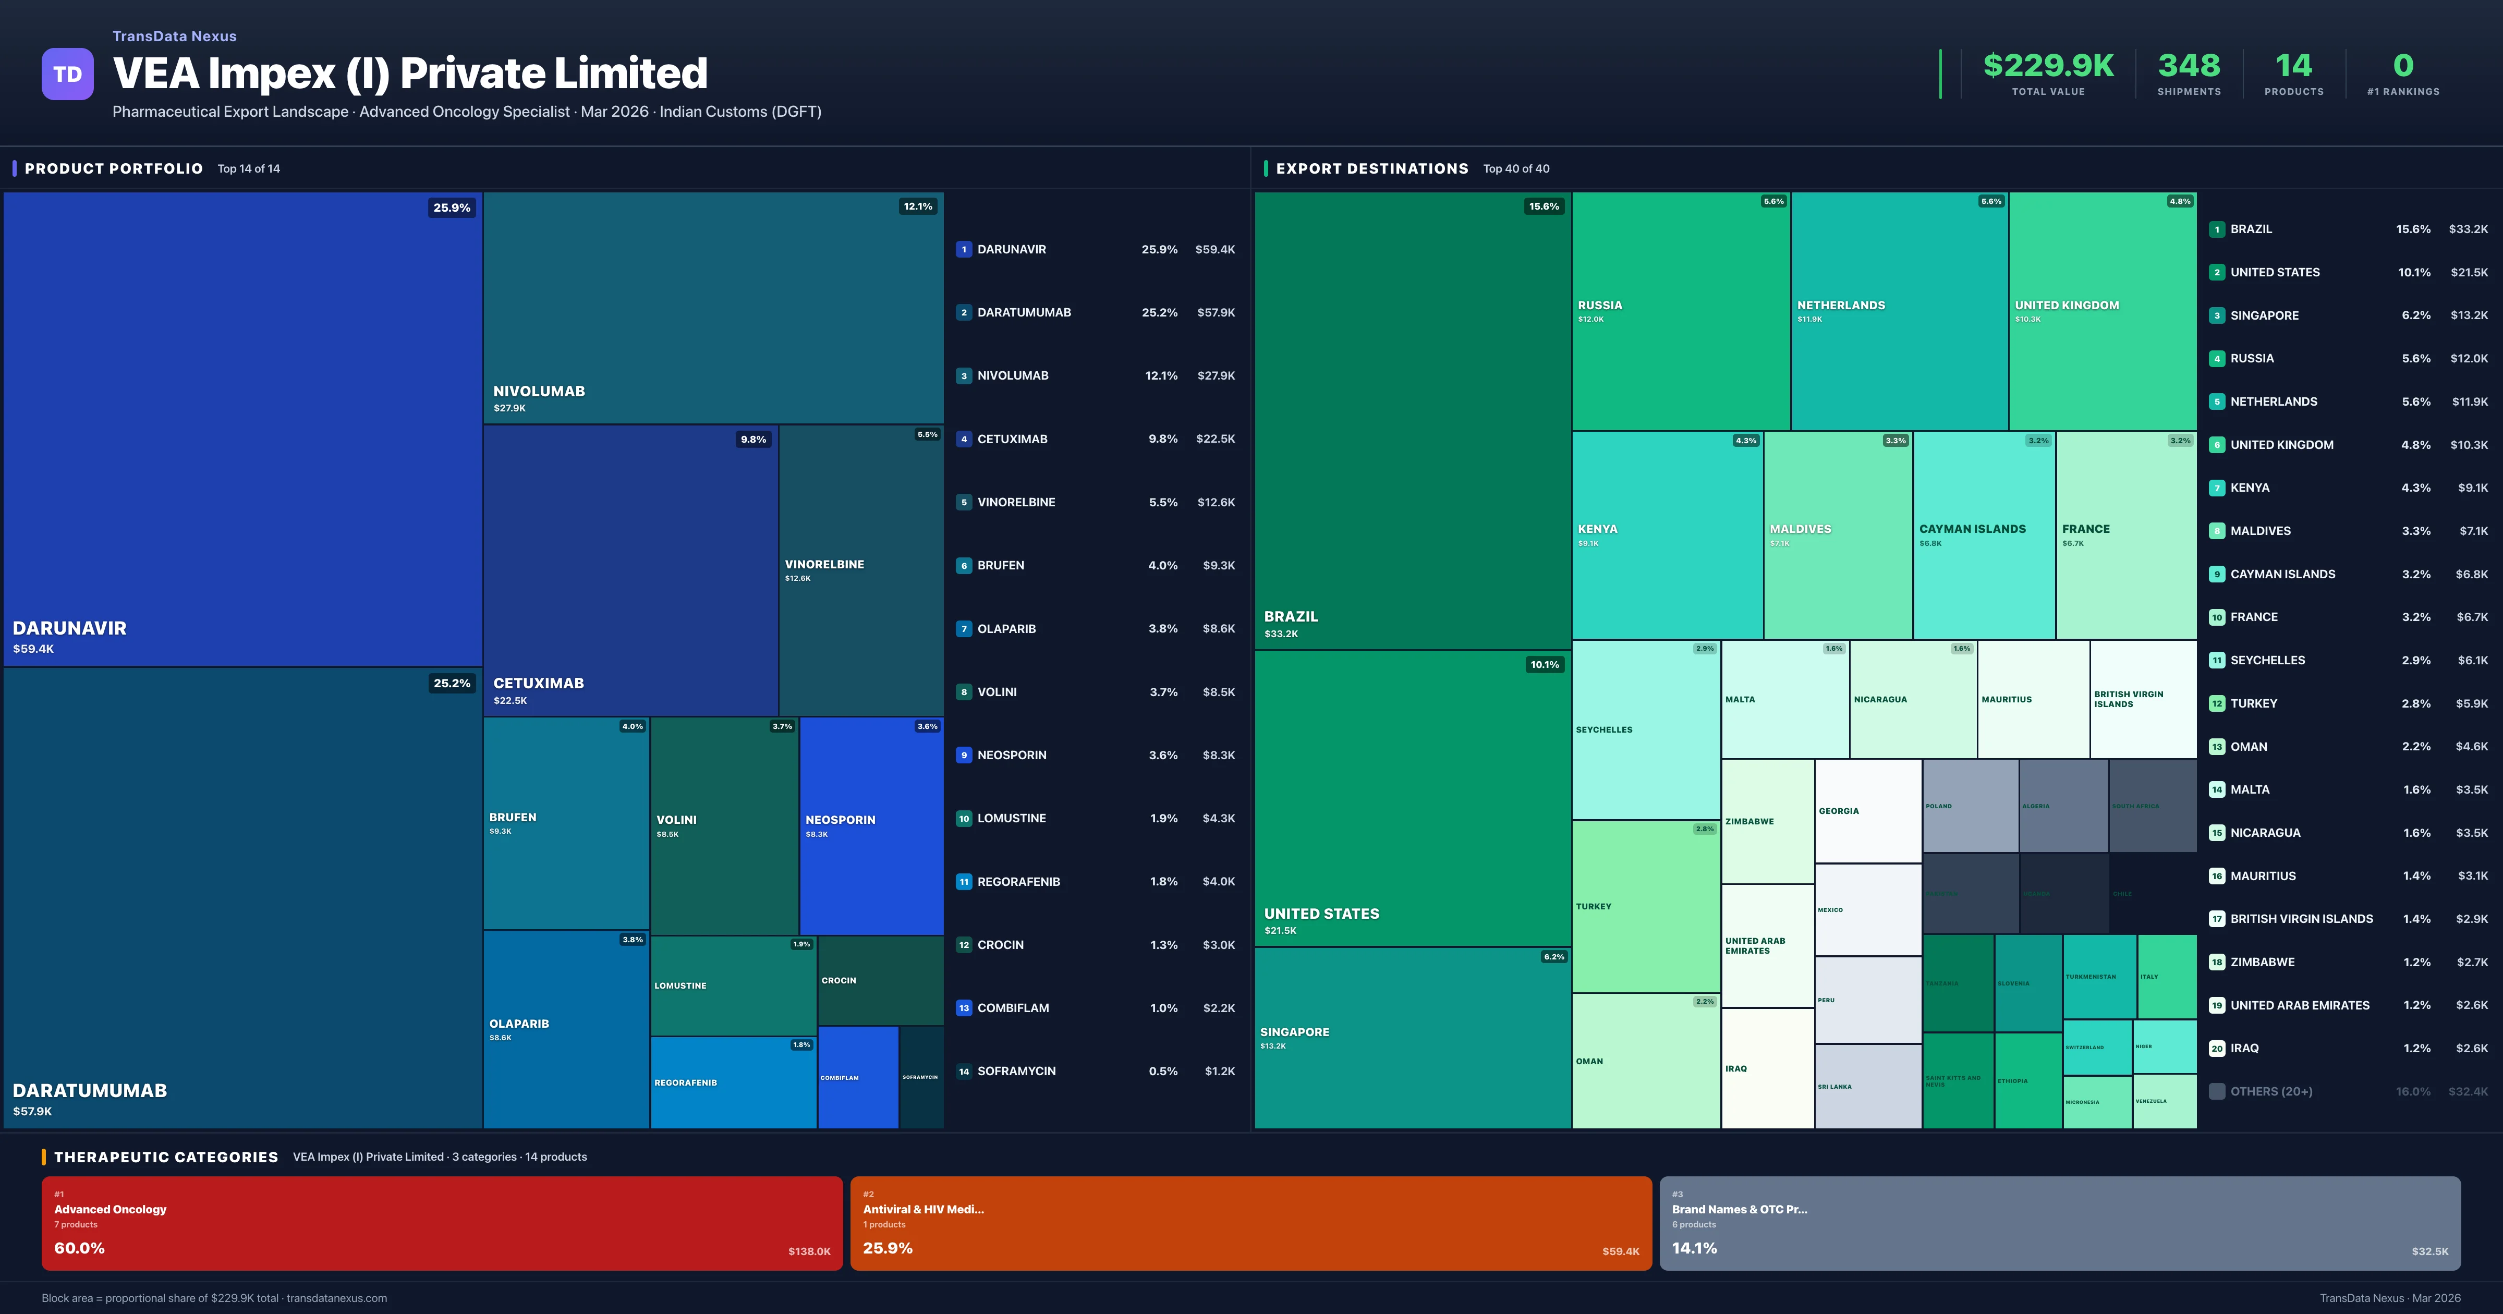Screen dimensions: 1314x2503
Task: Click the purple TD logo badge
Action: click(x=67, y=74)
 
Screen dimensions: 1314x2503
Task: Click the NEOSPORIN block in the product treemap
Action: click(x=871, y=826)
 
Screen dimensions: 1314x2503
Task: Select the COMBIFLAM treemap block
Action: click(x=857, y=1077)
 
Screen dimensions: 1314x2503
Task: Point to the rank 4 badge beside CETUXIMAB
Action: click(x=963, y=439)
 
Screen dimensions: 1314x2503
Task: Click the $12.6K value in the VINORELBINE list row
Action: click(x=1216, y=503)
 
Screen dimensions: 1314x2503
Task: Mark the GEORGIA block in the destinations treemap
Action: click(x=1867, y=810)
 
